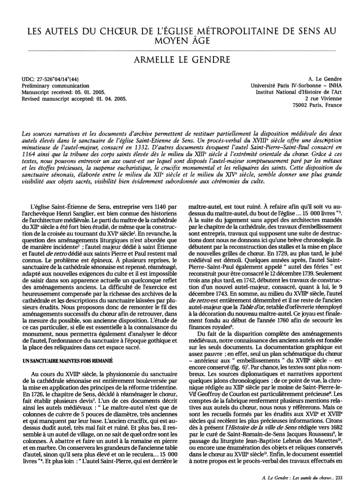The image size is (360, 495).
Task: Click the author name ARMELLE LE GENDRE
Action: coord(180,59)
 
